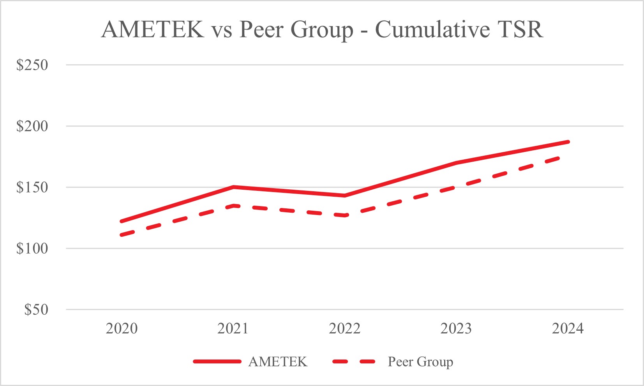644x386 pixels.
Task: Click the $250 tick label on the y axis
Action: click(32, 65)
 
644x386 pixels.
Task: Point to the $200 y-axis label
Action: click(32, 126)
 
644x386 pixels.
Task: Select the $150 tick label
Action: click(32, 187)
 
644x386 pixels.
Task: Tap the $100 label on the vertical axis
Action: click(32, 249)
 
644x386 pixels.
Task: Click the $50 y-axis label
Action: click(36, 310)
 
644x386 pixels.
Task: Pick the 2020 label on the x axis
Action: click(122, 329)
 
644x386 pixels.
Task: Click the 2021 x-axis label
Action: click(233, 329)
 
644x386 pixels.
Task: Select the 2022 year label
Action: click(344, 329)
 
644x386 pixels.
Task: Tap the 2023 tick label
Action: click(456, 329)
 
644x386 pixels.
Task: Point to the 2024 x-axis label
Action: click(568, 329)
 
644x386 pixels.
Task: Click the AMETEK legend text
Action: click(278, 362)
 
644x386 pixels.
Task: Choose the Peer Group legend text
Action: click(420, 362)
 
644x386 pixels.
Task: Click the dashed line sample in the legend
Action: click(354, 362)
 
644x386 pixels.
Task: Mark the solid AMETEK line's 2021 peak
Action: click(233, 187)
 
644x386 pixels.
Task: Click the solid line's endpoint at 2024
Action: click(568, 142)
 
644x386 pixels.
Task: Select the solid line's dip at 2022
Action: click(344, 196)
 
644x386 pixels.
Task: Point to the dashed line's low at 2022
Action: click(344, 215)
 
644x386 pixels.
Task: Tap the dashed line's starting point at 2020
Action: click(122, 235)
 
